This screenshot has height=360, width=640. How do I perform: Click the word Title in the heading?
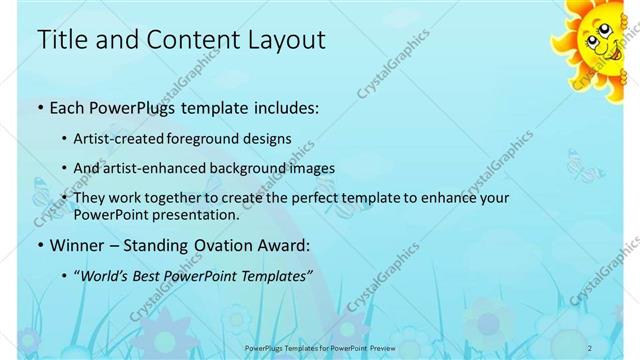click(62, 40)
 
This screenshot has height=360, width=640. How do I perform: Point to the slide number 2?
click(591, 347)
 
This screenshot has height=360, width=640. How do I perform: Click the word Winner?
click(77, 244)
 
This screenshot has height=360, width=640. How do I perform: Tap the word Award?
click(285, 244)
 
